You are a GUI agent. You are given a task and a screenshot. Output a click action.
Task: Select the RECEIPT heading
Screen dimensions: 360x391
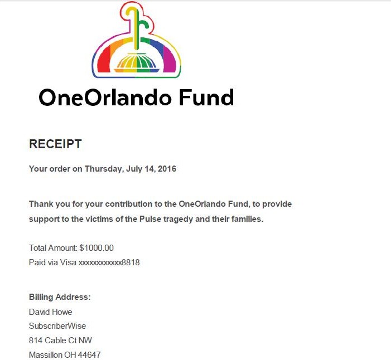55,144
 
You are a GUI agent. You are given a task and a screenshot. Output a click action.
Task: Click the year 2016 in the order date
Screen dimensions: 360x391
166,168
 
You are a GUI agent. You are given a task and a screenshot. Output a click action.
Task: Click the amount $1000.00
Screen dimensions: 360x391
96,247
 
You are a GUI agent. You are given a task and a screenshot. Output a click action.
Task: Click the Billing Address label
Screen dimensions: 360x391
60,297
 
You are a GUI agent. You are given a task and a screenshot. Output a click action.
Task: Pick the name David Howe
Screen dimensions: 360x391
51,312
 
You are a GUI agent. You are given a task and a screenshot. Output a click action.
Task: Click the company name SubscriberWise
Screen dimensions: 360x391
57,326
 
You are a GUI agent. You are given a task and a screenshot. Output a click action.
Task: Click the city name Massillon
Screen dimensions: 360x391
47,354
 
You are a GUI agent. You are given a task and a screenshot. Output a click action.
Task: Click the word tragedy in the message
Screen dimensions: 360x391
167,219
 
